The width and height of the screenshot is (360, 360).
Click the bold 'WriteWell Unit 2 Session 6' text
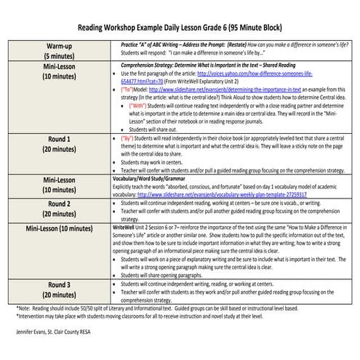pos(145,228)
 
